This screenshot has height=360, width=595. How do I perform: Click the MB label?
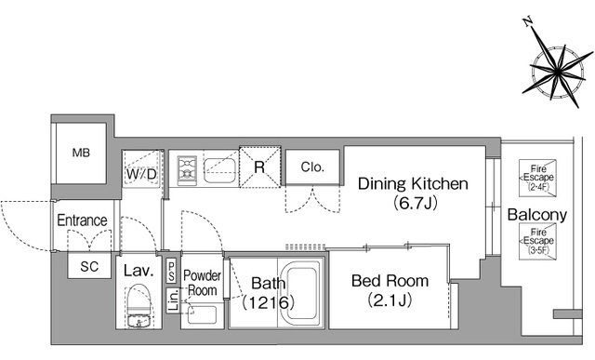(x=81, y=153)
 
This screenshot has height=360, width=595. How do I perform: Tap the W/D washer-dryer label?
(x=141, y=174)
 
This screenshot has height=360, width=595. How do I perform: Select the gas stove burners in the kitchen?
(x=187, y=168)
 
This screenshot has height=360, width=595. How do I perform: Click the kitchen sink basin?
(x=219, y=170)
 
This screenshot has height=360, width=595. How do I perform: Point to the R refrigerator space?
(x=260, y=167)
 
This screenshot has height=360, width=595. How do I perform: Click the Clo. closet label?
(x=312, y=167)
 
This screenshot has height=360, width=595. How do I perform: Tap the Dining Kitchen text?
(x=413, y=184)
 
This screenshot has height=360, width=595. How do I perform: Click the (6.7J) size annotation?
(x=416, y=203)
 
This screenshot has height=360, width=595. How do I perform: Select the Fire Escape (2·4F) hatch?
(x=537, y=178)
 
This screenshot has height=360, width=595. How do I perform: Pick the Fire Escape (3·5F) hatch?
(x=537, y=241)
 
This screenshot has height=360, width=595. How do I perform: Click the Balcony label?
(x=537, y=215)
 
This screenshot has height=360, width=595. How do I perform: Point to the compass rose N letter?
(x=527, y=22)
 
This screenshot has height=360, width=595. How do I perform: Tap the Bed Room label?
(x=390, y=281)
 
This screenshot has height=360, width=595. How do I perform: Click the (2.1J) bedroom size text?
(x=390, y=300)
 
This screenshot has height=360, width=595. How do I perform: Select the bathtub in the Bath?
(x=301, y=291)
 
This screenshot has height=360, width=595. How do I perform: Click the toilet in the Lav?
(x=139, y=306)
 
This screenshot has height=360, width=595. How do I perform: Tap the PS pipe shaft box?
(x=171, y=271)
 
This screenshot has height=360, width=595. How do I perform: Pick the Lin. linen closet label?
(x=173, y=300)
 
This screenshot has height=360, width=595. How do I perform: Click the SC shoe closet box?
(x=89, y=266)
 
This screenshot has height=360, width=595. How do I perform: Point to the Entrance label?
(x=82, y=220)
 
